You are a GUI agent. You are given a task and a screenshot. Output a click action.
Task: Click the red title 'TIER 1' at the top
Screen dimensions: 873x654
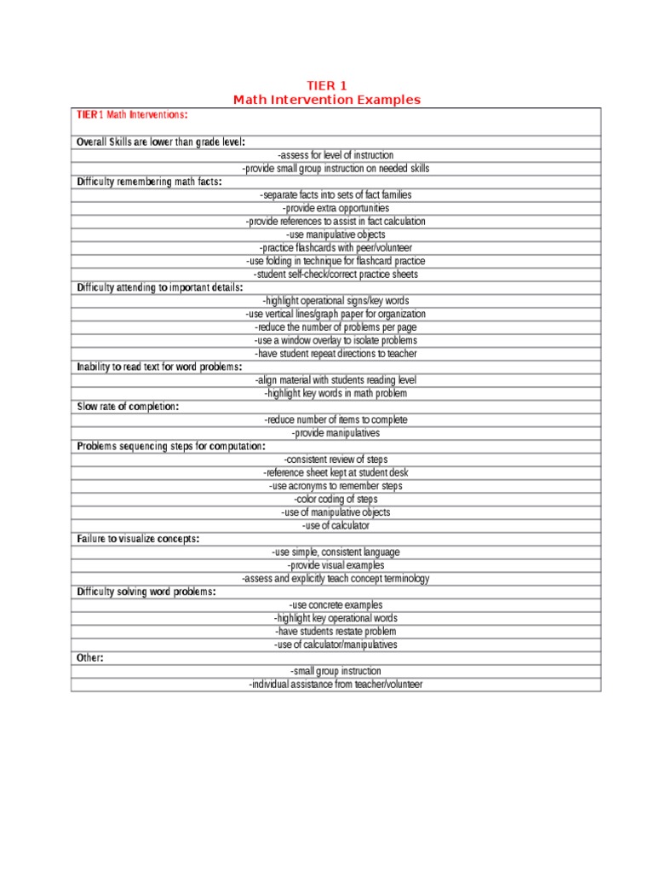[x=326, y=85]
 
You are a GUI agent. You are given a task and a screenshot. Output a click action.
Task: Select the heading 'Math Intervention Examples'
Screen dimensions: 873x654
[x=326, y=100]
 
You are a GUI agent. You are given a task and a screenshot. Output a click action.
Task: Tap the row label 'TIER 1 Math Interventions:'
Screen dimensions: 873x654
[x=132, y=114]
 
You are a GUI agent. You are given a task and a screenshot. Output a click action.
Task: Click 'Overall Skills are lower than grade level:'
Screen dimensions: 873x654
[x=161, y=142]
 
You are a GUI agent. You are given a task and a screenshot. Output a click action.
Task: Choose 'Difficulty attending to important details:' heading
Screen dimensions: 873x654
[x=159, y=287]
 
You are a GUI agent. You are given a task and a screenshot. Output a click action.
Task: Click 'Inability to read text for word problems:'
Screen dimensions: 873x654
[x=159, y=367]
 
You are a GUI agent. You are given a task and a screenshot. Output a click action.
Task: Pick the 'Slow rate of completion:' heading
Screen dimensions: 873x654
[x=128, y=407]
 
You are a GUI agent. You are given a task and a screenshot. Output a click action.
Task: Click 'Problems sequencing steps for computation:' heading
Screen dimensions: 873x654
[x=171, y=446]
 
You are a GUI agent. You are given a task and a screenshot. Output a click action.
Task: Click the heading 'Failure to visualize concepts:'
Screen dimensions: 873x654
[x=138, y=539]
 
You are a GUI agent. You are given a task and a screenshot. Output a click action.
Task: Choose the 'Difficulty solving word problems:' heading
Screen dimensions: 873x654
[x=146, y=592]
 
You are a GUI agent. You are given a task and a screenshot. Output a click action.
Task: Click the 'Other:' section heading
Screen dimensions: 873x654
[x=90, y=658]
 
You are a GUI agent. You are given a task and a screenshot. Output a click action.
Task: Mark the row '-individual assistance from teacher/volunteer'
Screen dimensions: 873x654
[x=336, y=685]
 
